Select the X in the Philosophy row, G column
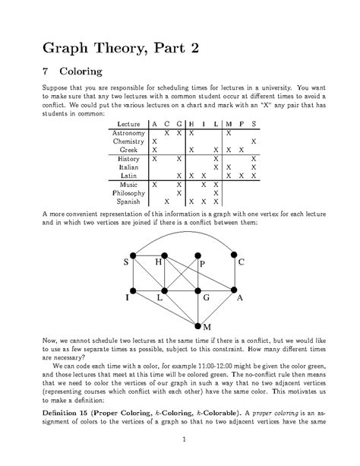(x=178, y=193)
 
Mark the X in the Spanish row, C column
(x=166, y=202)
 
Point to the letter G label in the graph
(x=206, y=300)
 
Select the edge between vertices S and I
(x=133, y=273)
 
